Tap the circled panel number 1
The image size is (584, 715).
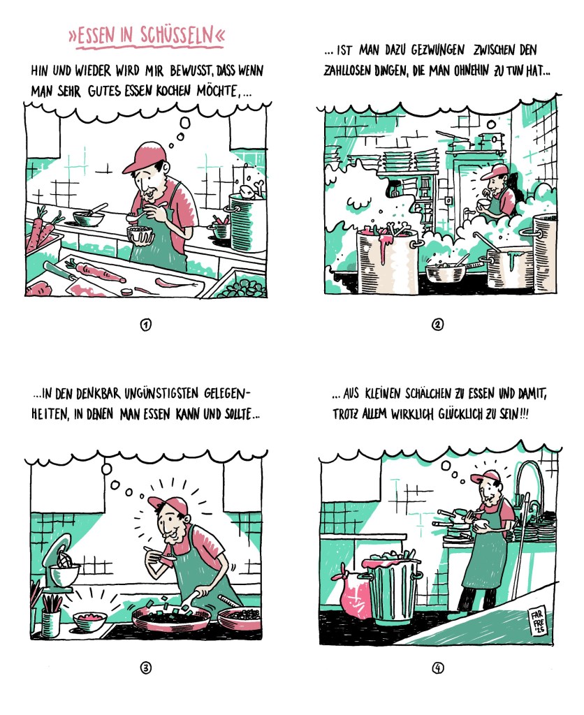point(145,325)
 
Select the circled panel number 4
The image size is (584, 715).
point(437,668)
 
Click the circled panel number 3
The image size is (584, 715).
point(145,668)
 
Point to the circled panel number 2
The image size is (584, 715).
point(437,325)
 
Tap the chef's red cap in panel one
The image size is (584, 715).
point(143,157)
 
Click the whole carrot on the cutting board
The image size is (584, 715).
point(95,272)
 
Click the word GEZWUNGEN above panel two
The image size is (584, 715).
point(438,50)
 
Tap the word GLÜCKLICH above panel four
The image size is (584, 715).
point(460,414)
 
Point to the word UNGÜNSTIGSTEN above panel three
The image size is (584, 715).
point(161,394)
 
